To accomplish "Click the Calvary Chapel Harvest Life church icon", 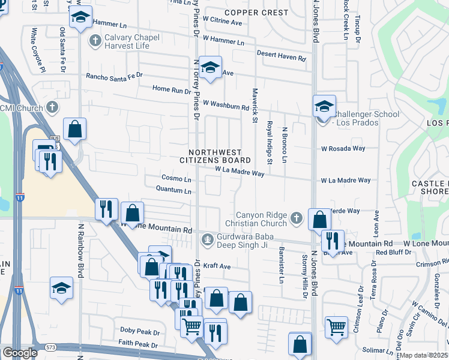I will pyautogui.click(x=94, y=41).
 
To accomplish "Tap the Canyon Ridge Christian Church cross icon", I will pyautogui.click(x=296, y=218).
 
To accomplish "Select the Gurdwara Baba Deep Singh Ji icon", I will pyautogui.click(x=207, y=240).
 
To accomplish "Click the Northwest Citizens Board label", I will pyautogui.click(x=215, y=157).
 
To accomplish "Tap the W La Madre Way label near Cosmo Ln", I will pyautogui.click(x=240, y=173).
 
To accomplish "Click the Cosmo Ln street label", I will pyautogui.click(x=176, y=179).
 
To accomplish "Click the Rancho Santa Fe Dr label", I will pyautogui.click(x=114, y=76).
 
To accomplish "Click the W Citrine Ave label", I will pyautogui.click(x=222, y=23).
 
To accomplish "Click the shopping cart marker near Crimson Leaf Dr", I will pyautogui.click(x=337, y=328).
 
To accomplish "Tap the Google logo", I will pyautogui.click(x=20, y=353).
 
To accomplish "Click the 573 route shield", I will pyautogui.click(x=50, y=347).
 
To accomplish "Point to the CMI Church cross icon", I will pyautogui.click(x=52, y=108).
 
